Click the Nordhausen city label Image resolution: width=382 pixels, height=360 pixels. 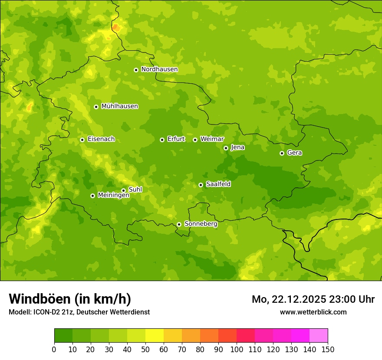tap(159, 69)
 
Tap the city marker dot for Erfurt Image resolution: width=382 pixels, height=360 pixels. tap(162, 140)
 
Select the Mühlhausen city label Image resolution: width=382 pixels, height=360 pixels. tap(119, 106)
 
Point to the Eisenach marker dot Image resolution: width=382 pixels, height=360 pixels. tap(82, 140)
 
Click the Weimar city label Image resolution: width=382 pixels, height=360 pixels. tap(212, 139)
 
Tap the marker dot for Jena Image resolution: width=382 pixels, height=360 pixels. tap(226, 148)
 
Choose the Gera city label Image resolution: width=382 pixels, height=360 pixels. tap(294, 153)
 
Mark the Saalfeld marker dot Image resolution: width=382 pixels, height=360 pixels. tap(201, 185)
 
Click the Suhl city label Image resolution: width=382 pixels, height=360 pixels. tap(135, 190)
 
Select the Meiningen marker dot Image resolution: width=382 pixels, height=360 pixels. tap(92, 196)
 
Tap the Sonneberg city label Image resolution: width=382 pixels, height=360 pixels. tap(201, 224)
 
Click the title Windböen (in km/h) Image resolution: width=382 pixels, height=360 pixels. tap(70, 299)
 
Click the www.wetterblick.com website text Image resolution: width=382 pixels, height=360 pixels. tap(313, 312)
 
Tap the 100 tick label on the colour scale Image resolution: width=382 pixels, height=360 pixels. tap(237, 349)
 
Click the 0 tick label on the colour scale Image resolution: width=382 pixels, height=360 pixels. tap(54, 349)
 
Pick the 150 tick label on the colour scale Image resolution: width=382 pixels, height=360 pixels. tap(328, 349)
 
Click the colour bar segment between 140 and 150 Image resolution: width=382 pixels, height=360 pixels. tap(319, 336)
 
